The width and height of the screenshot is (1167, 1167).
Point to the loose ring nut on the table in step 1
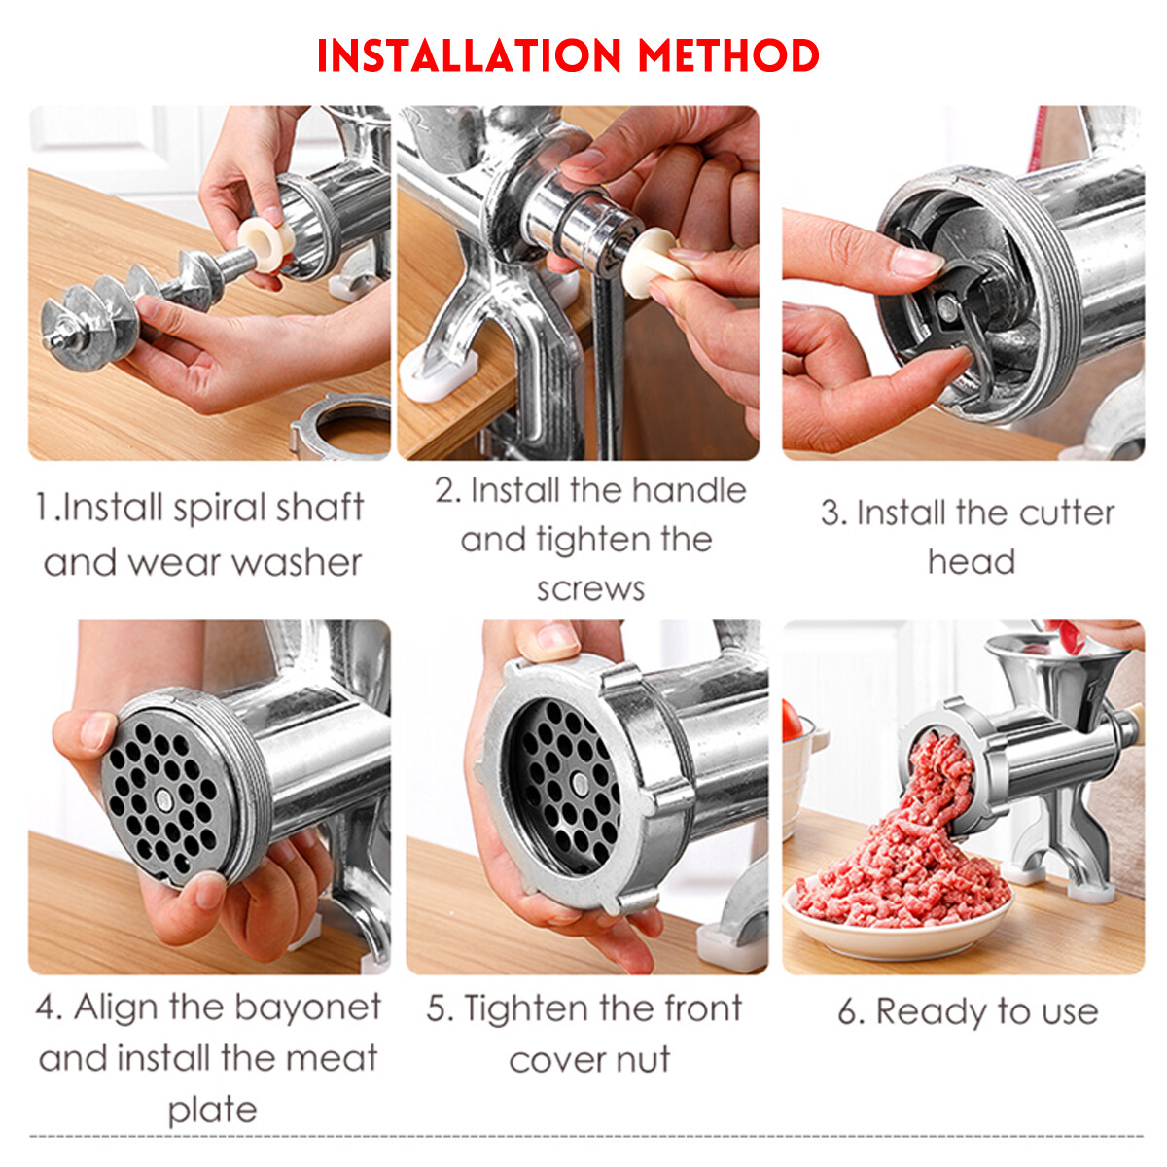[339, 428]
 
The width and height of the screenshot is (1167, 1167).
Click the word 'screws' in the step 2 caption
[590, 589]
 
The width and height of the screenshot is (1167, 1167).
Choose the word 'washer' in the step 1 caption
[297, 562]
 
